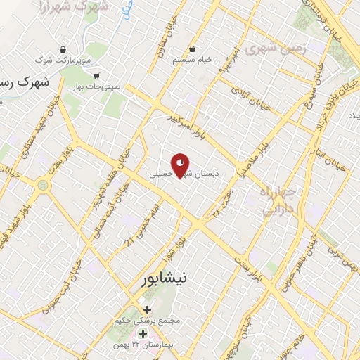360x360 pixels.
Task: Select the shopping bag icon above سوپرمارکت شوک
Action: pos(64,50)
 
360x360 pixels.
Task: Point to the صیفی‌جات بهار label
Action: pos(96,87)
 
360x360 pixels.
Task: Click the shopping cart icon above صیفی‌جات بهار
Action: pos(96,76)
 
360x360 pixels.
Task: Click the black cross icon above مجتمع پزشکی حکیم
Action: pos(147,309)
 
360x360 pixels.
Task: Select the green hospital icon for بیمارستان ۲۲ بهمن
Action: pos(143,333)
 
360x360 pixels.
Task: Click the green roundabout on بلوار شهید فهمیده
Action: pos(44,186)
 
